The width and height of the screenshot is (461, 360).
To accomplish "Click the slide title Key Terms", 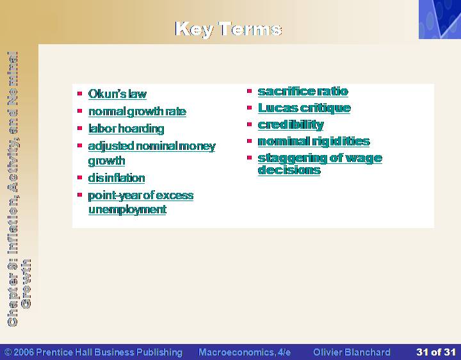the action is coord(229,29).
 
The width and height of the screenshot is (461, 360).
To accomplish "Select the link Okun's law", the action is coord(117,94).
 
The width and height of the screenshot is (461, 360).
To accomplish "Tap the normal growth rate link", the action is coord(137,111).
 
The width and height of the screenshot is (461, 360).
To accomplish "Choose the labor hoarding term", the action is coord(126,129).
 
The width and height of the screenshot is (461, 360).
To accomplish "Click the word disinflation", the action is coord(117,178).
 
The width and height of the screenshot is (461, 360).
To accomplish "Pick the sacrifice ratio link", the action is coord(303,92).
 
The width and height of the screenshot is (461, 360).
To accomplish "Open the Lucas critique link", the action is coord(304,108).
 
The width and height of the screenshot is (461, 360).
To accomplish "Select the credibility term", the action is coord(291,125).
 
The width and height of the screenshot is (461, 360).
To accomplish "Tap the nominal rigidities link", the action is coord(314,142).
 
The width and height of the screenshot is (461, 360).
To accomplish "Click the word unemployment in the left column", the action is coord(127,209).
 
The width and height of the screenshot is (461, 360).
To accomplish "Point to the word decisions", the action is coord(289,170).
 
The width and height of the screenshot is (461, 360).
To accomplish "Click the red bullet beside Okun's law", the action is coord(79,94).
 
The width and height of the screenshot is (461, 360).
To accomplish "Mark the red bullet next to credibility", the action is coord(250,124).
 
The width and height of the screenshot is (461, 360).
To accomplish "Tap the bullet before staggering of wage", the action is coord(250,158).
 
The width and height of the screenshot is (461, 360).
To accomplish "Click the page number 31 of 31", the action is coord(436,352).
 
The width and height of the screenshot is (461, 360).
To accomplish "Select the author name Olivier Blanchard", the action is coord(352,352).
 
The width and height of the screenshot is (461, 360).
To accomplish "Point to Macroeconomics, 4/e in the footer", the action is coord(245,352).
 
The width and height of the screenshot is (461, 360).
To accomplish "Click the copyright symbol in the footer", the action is coord(8,352).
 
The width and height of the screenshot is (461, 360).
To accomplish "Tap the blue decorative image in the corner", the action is coord(440,19).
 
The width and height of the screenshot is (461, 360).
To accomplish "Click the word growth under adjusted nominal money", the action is coord(106,161).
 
